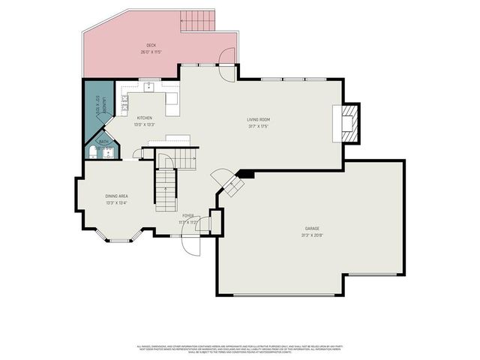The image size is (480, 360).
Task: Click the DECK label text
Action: (x=151, y=46)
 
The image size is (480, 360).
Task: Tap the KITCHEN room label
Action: (x=145, y=118)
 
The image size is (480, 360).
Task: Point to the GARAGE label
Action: (x=313, y=228)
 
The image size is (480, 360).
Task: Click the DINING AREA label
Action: (x=116, y=196)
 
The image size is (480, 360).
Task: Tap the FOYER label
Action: (x=187, y=216)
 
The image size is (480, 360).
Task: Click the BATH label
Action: (x=103, y=141)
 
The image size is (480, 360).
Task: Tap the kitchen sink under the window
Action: (x=150, y=86)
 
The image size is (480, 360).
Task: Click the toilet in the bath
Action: (x=91, y=152)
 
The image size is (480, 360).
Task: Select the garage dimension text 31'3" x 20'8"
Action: (x=313, y=235)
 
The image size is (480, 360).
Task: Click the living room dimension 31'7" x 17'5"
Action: (x=258, y=126)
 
